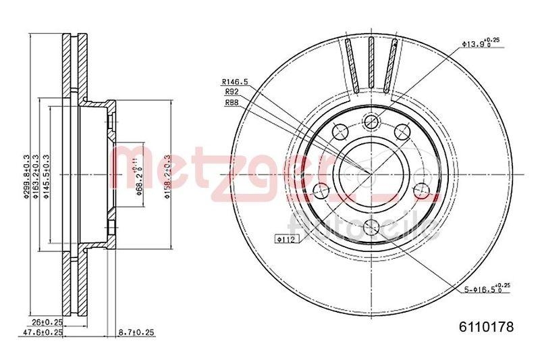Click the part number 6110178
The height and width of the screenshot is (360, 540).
pos(487,326)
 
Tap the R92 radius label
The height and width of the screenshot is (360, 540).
pos(232,92)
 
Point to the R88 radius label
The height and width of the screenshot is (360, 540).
pos(232,103)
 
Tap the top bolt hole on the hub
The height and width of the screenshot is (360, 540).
pos(369,122)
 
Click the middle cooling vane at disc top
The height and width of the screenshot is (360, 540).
pos(371,64)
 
